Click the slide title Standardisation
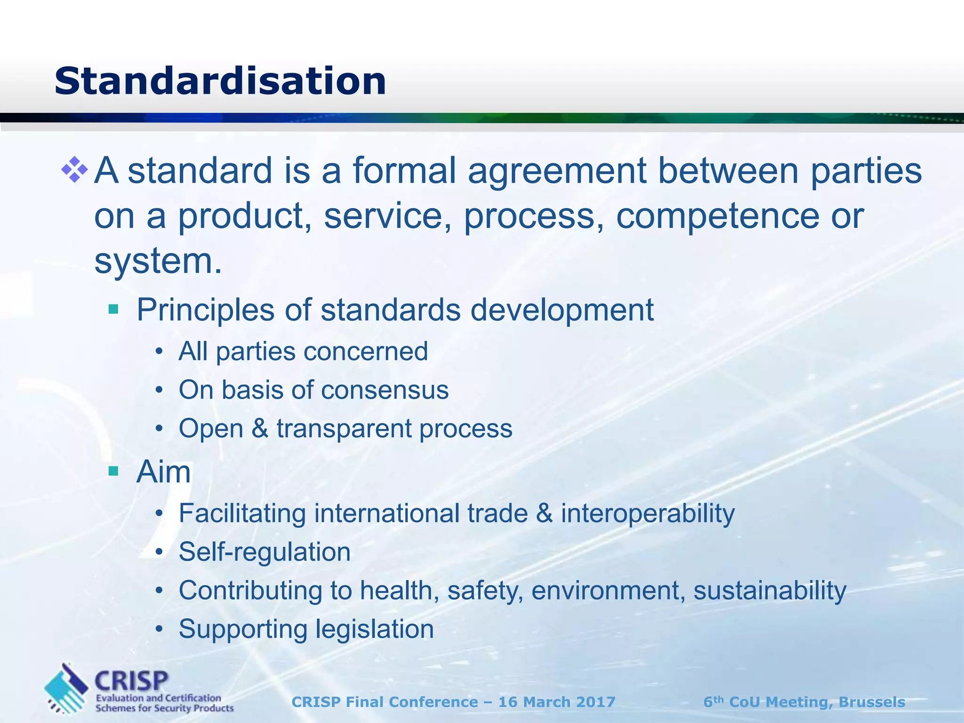click(x=220, y=81)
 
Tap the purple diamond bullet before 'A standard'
click(x=74, y=170)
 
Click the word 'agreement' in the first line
click(x=557, y=170)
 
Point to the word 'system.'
click(x=158, y=261)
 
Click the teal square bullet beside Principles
click(x=113, y=309)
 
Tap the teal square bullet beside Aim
click(x=113, y=471)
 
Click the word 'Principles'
click(x=205, y=310)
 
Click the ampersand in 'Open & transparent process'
click(x=259, y=428)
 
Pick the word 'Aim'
click(x=163, y=472)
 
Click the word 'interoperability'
click(x=648, y=513)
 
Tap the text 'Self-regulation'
click(x=265, y=552)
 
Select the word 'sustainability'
click(x=770, y=590)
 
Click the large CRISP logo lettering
click(x=131, y=681)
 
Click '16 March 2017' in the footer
click(x=557, y=702)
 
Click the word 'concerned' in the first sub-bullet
click(x=369, y=352)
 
